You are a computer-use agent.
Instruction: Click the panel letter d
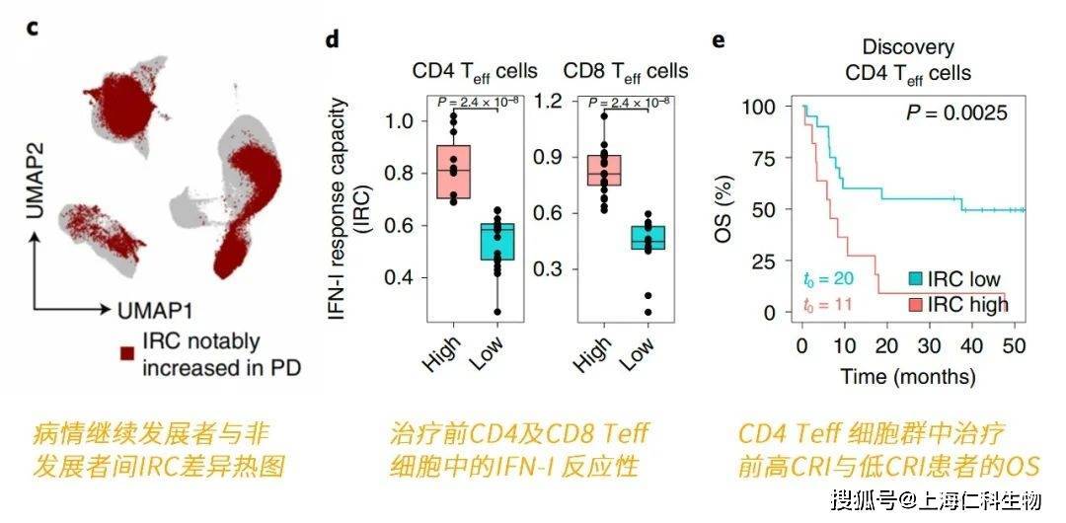tap(333, 40)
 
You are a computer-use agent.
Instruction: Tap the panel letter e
tap(718, 40)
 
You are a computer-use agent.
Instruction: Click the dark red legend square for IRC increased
tap(126, 352)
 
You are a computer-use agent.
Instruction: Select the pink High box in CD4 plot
tap(454, 172)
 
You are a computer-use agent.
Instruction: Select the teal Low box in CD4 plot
tap(497, 242)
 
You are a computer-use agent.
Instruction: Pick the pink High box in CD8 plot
tap(604, 170)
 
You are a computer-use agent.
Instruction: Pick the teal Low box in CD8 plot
tap(647, 238)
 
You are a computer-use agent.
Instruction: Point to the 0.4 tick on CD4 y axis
tap(401, 277)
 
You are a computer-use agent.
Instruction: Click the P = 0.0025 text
tap(956, 113)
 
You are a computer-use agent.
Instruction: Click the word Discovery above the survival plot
tap(907, 47)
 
